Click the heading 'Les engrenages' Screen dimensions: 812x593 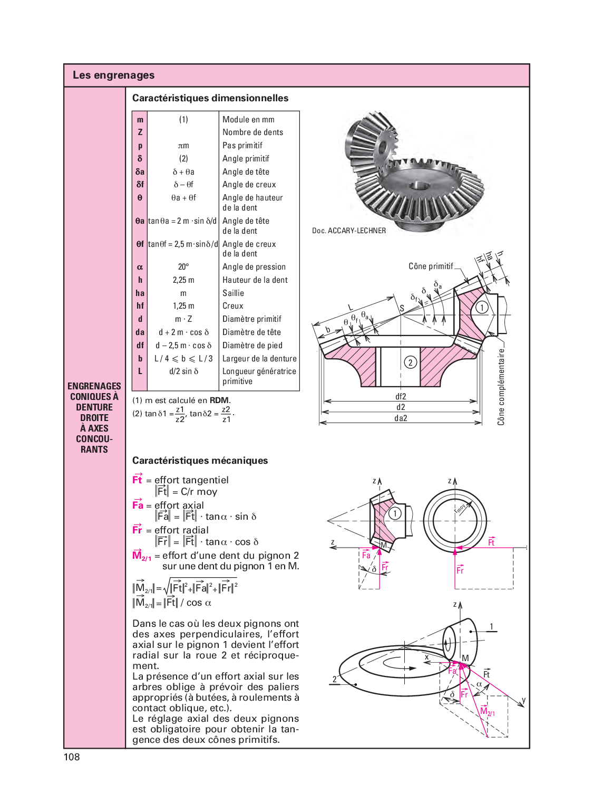coord(113,75)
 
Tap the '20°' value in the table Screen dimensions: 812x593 coord(183,267)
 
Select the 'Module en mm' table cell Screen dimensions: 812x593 coord(248,120)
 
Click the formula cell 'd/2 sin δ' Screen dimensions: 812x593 coord(183,371)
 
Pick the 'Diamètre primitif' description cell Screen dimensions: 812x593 coord(251,319)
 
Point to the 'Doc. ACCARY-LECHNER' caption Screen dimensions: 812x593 coord(349,231)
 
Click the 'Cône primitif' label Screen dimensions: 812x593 coord(431,266)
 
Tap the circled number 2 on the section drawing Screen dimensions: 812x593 coord(410,362)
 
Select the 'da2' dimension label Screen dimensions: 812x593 coord(401,418)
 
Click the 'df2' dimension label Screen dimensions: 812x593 coord(401,397)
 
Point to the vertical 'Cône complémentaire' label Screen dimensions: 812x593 coord(501,387)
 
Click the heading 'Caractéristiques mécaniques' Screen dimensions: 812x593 coord(200,461)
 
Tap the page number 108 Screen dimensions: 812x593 coord(72,757)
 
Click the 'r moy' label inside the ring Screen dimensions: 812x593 coord(460,508)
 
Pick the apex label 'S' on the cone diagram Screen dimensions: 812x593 coord(402,308)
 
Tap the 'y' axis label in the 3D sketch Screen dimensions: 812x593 coord(523,701)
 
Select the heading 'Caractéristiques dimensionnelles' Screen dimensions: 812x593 coord(210,98)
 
